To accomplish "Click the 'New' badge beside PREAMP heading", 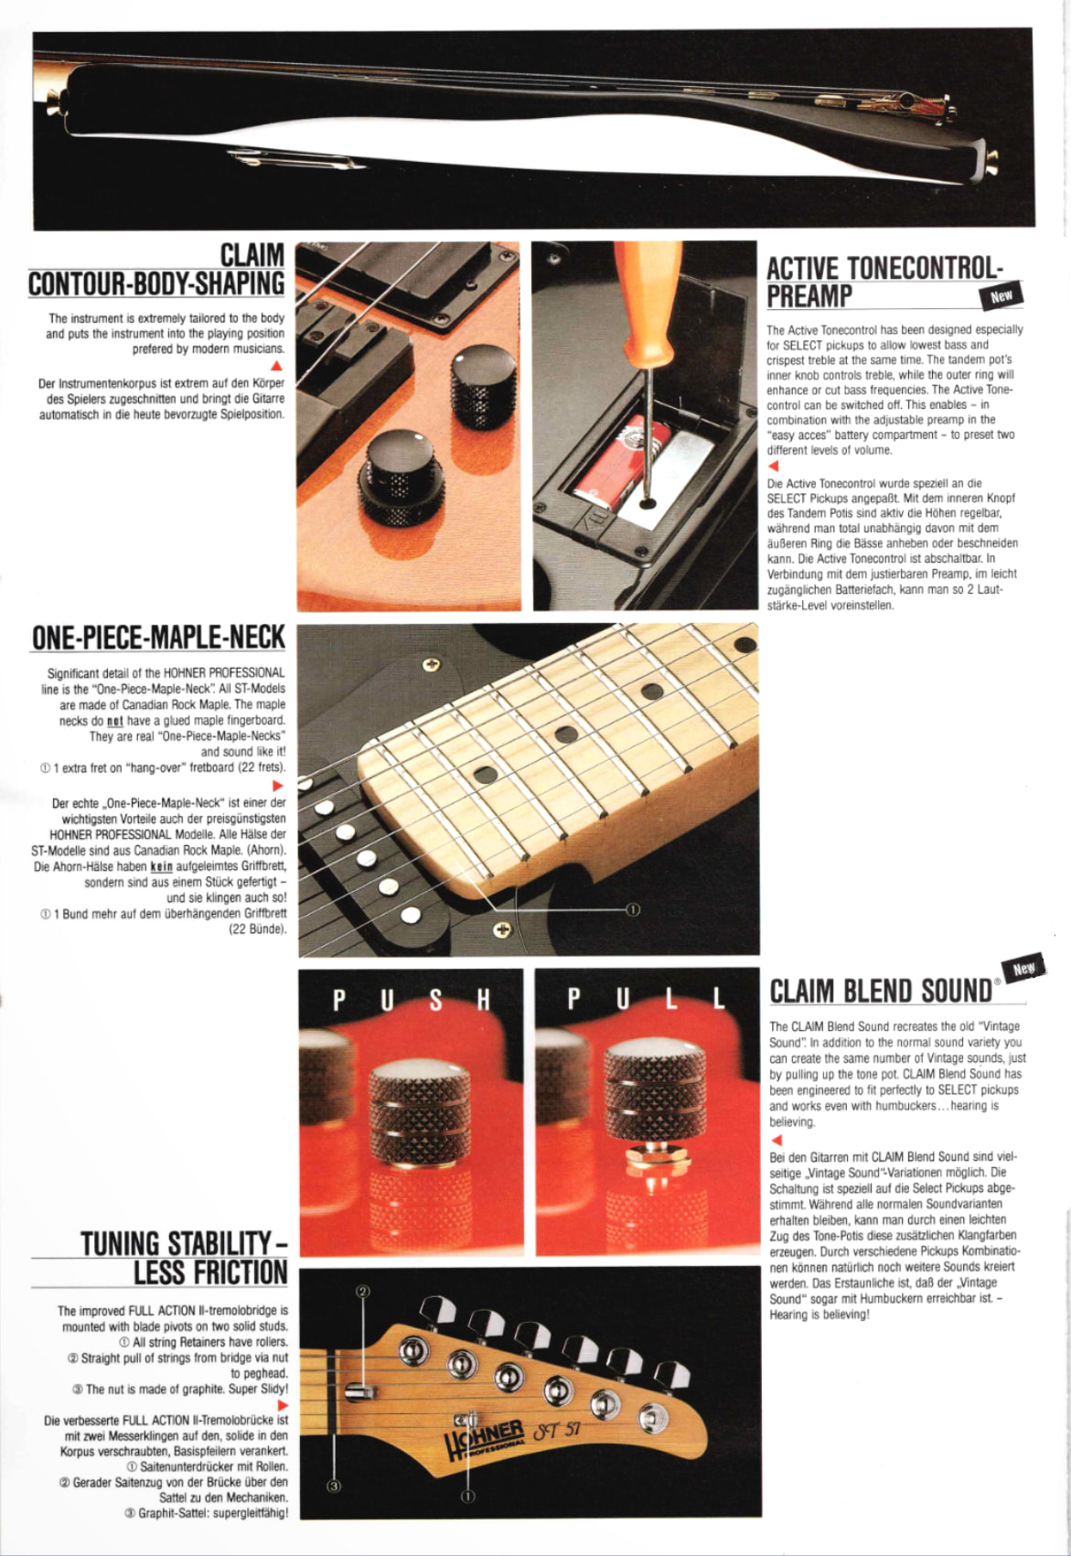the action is pos(1001,296).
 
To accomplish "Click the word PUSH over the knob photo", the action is pos(412,1000).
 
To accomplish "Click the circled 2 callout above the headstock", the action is pos(361,1291).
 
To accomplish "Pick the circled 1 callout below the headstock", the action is pos(468,1496).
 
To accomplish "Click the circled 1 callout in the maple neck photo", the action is pos(633,909).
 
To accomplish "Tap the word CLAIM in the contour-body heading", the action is pos(252,254).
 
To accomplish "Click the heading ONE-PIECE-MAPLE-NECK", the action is pos(158,637).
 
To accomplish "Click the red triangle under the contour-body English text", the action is pos(276,365).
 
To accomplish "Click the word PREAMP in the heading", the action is pos(809,296).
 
